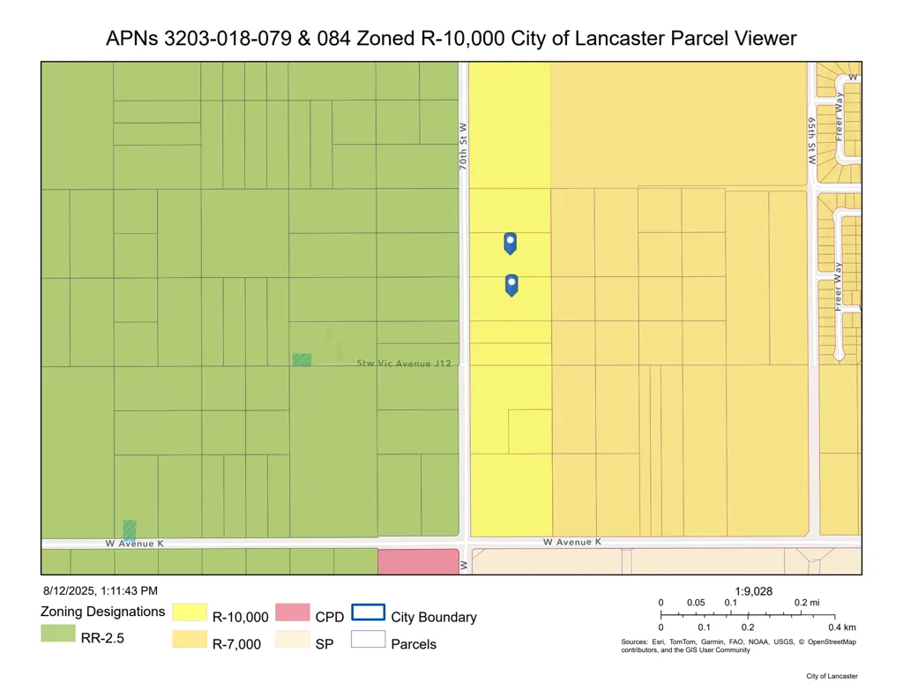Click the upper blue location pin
click(510, 242)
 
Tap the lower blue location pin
click(511, 283)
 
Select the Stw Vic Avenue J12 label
click(404, 363)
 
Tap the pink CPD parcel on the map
click(417, 561)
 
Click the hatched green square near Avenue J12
click(302, 359)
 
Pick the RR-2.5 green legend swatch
click(57, 633)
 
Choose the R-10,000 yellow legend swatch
click(189, 612)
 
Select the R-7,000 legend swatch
click(189, 640)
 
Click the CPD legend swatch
click(293, 612)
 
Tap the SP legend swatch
click(293, 640)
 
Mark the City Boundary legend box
click(369, 612)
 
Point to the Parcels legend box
click(369, 640)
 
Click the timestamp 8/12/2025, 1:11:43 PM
click(100, 590)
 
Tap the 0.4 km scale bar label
click(841, 627)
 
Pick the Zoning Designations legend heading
click(102, 612)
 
